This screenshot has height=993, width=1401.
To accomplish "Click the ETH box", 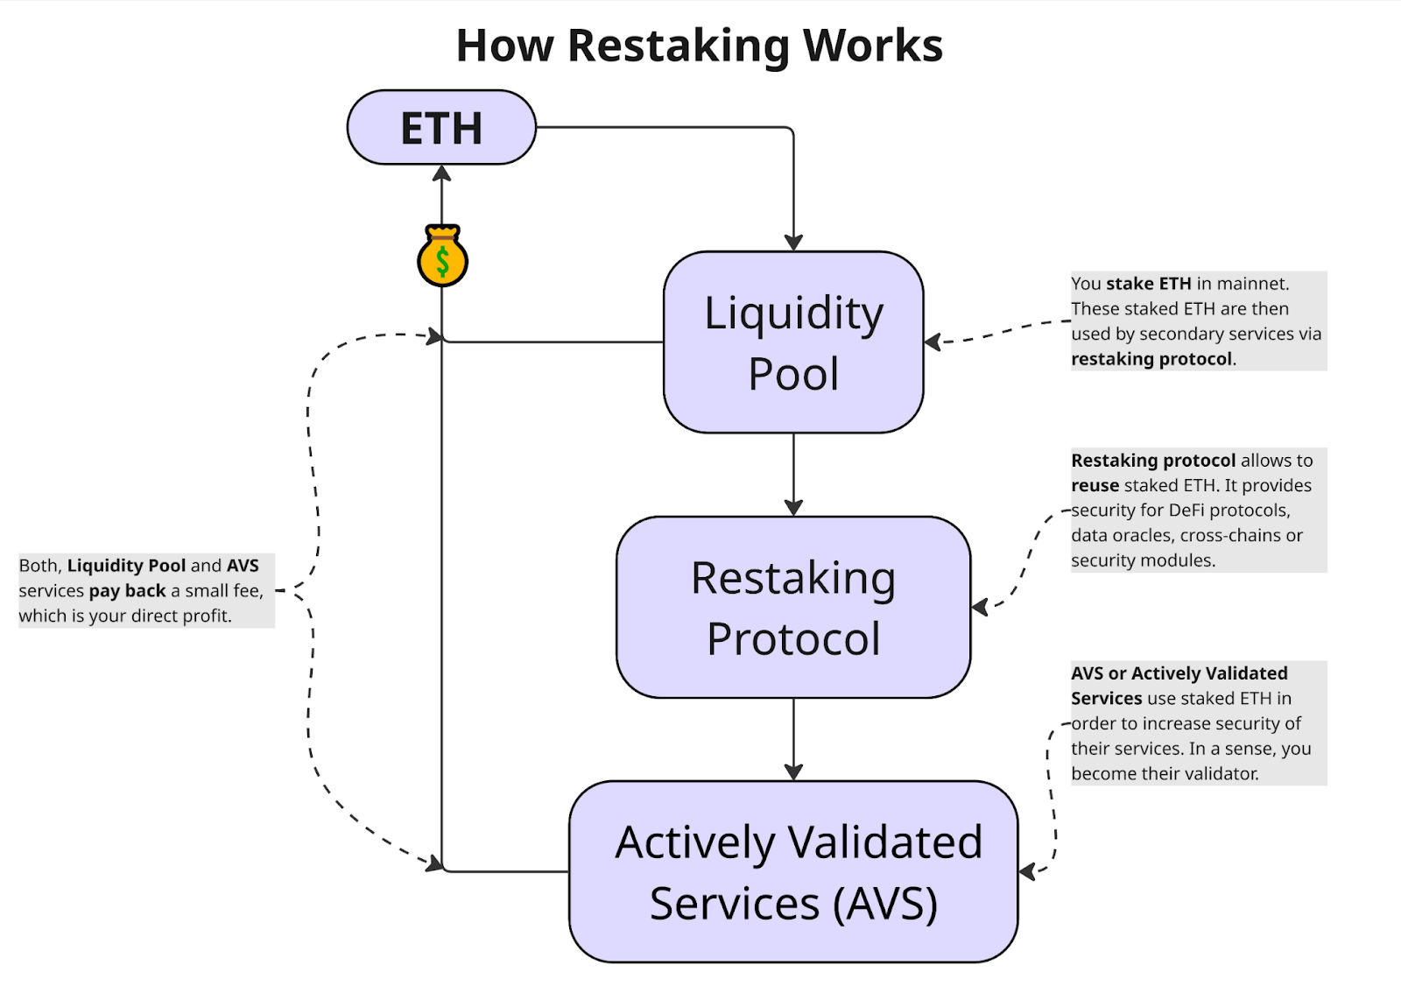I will click(441, 128).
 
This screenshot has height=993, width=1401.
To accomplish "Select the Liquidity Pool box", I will click(793, 342).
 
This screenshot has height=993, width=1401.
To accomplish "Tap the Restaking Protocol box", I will click(793, 607).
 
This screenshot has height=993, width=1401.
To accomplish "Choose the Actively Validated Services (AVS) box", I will click(793, 871).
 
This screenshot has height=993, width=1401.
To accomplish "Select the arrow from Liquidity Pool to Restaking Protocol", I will click(793, 473).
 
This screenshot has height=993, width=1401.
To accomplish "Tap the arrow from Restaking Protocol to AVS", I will click(793, 738).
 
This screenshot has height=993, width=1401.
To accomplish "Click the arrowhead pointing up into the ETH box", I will click(442, 174).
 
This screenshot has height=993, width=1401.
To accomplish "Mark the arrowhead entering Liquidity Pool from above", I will click(793, 242).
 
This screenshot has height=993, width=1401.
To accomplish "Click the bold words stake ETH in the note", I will click(1148, 284).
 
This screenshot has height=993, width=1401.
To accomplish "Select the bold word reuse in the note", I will click(1095, 485).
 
